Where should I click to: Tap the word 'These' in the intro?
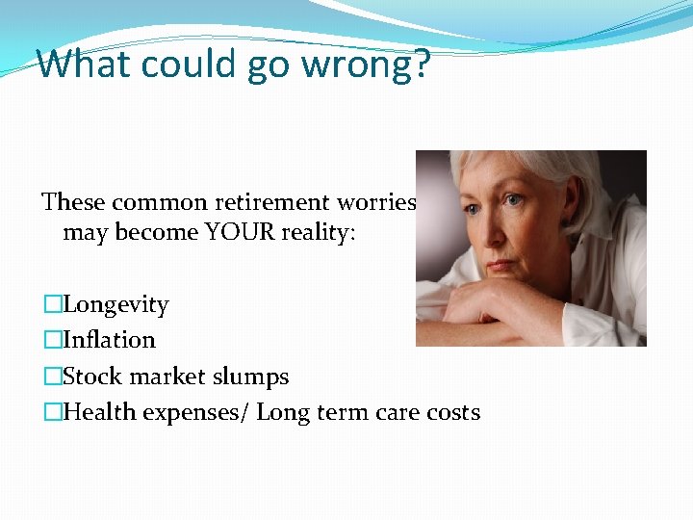74,202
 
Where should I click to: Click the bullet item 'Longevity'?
115,305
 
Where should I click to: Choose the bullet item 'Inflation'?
109,340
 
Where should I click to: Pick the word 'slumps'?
253,377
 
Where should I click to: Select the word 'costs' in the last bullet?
452,412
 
